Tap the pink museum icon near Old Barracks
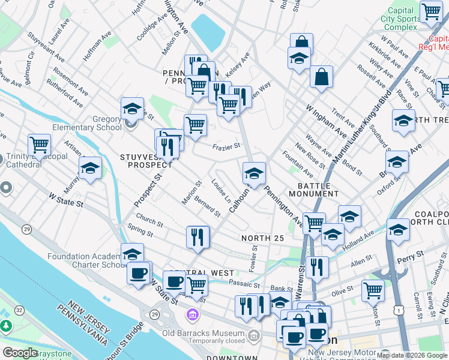193,314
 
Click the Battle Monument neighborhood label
313,190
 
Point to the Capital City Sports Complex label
400,19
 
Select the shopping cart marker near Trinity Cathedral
39,145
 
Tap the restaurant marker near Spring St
197,237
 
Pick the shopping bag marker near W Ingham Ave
322,77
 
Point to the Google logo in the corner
20,353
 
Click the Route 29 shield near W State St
27,229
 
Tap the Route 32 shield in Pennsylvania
20,310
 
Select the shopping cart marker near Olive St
373,290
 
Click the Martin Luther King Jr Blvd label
361,126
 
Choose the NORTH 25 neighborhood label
262,238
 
